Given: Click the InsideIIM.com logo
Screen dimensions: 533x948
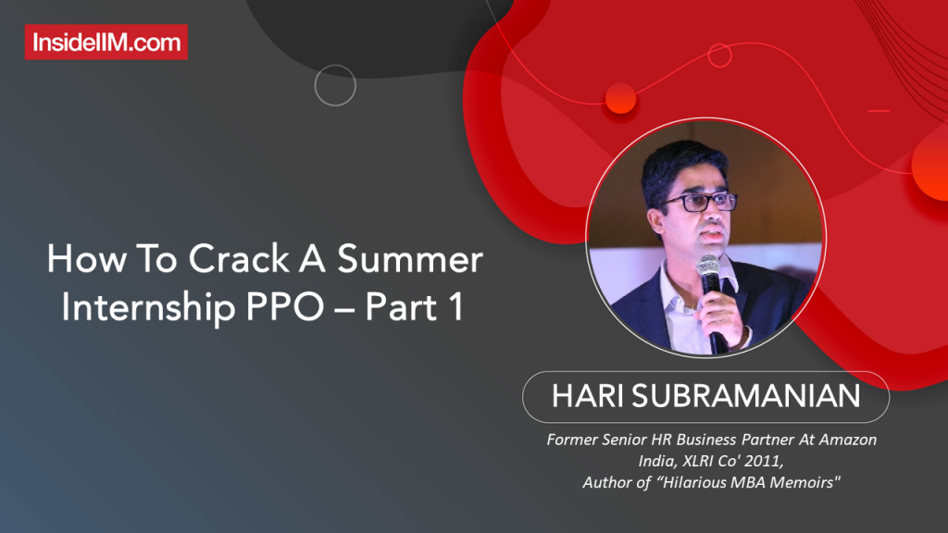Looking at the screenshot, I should point(106,42).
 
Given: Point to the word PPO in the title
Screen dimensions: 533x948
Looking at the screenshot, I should point(286,308).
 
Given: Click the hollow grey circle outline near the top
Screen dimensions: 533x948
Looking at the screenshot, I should point(335,85).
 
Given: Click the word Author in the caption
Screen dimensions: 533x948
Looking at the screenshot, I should point(606,482).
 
